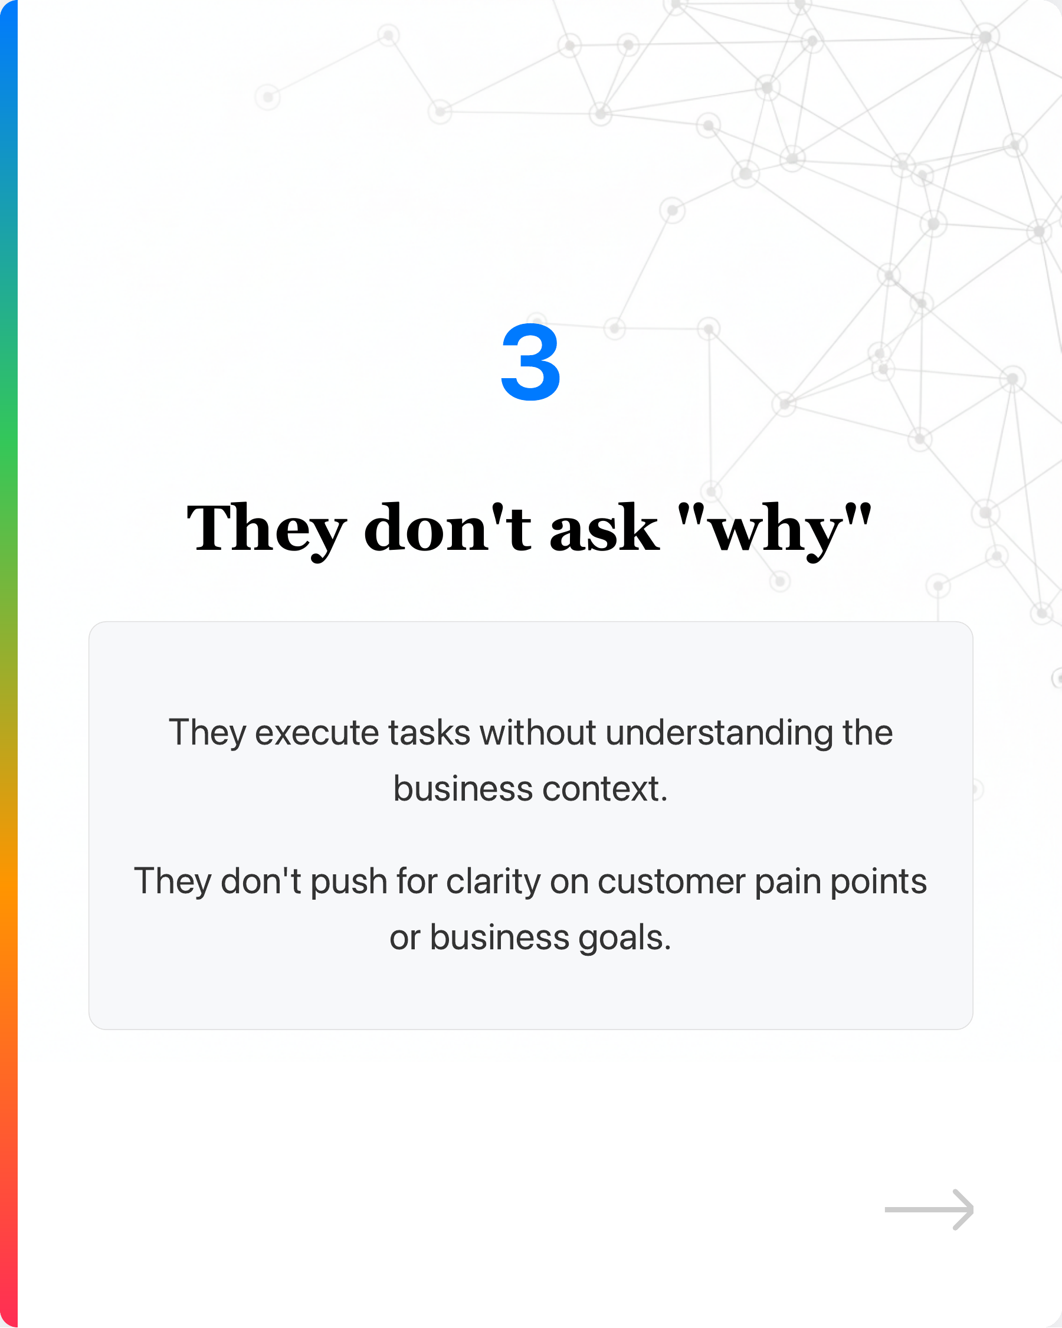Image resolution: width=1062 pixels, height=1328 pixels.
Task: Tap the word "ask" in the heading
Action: tap(603, 529)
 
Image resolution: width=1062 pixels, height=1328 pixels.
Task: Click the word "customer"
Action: tap(671, 881)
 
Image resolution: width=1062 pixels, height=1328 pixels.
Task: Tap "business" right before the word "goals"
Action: tap(499, 937)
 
